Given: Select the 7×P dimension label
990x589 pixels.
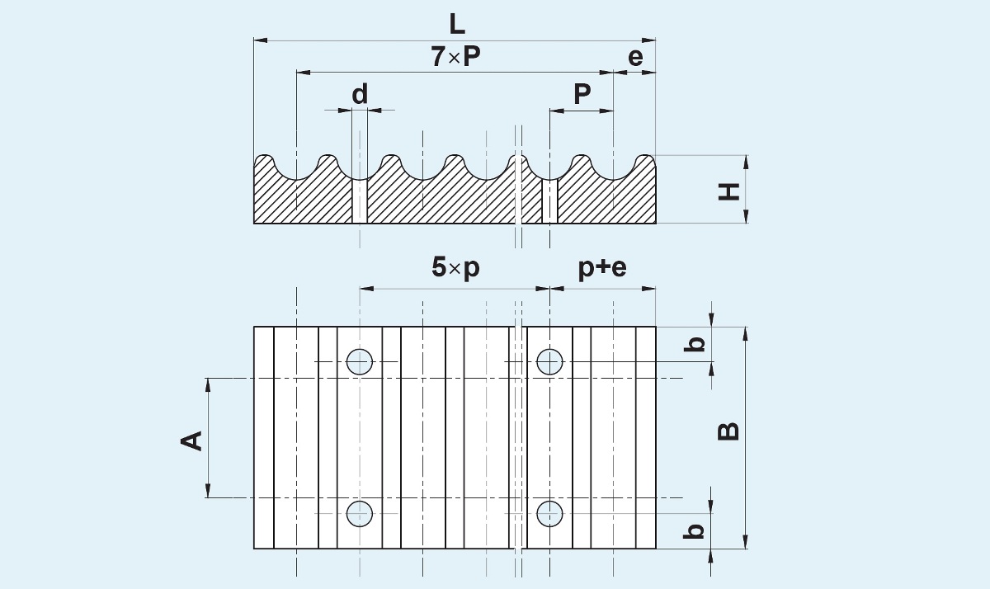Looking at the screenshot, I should (455, 57).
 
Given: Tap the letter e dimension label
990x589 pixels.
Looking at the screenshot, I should (634, 57).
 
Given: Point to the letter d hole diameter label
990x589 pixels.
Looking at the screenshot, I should (360, 95).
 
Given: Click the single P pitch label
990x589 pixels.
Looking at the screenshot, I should (582, 95).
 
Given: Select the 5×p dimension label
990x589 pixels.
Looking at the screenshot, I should (455, 269).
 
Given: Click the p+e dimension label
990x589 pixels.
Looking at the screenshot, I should (601, 269).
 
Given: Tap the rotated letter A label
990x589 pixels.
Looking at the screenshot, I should (191, 440).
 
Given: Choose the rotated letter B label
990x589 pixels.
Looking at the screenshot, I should (728, 431).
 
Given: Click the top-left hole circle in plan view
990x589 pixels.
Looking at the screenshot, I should (360, 361).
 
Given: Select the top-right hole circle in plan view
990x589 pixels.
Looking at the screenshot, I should (549, 361).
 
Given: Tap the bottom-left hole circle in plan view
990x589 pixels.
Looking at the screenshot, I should (360, 513).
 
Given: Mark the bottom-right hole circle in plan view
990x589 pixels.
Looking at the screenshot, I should (549, 513).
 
